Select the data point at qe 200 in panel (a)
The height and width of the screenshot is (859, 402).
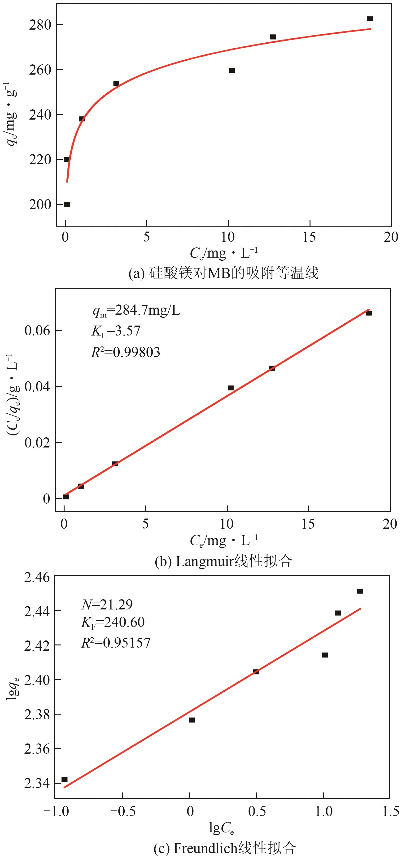pyautogui.click(x=67, y=204)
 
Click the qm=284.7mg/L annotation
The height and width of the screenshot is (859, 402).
pyautogui.click(x=136, y=311)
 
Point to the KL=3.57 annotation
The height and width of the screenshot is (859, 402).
pyautogui.click(x=116, y=331)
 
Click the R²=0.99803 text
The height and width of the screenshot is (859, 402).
pyautogui.click(x=126, y=352)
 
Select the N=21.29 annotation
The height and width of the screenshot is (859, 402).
pyautogui.click(x=107, y=604)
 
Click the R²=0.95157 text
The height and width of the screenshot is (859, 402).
pyautogui.click(x=116, y=643)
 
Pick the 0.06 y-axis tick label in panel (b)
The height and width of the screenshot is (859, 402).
pyautogui.click(x=37, y=331)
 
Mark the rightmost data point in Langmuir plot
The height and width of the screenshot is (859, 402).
pyautogui.click(x=369, y=313)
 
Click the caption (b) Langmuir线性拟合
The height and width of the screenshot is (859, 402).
pyautogui.click(x=223, y=562)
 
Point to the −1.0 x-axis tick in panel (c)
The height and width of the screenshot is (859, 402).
pyautogui.click(x=56, y=811)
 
